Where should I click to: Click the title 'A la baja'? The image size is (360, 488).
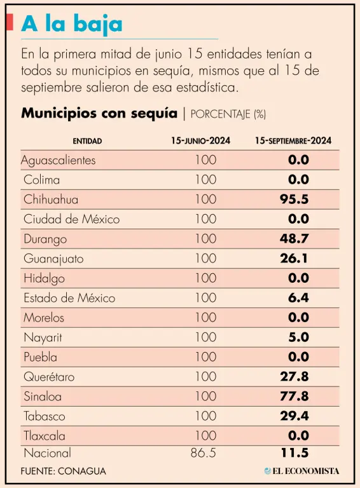(72, 24)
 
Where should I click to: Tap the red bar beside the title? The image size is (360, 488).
(10, 22)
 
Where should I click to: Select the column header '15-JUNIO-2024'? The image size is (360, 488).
(200, 140)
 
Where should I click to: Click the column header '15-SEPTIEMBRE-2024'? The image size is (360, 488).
(293, 140)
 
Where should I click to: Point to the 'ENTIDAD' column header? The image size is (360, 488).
(87, 141)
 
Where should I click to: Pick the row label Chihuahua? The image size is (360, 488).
(51, 200)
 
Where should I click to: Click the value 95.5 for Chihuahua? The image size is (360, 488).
(294, 200)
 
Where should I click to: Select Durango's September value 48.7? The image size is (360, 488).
(294, 239)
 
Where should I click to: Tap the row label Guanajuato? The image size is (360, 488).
(53, 259)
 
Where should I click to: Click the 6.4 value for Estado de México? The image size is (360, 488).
(298, 298)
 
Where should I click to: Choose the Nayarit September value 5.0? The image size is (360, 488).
(298, 337)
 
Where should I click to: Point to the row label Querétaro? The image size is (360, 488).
(49, 377)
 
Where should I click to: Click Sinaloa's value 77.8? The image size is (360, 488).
(294, 396)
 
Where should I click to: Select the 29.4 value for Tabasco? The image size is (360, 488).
(294, 416)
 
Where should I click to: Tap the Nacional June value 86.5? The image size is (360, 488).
(204, 453)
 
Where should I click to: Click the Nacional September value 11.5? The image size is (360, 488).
(294, 453)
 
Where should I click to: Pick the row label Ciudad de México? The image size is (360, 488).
(72, 219)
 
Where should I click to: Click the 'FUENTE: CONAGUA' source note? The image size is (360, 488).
(64, 471)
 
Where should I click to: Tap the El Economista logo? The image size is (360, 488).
(301, 471)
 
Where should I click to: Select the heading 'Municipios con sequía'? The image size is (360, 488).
(99, 113)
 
